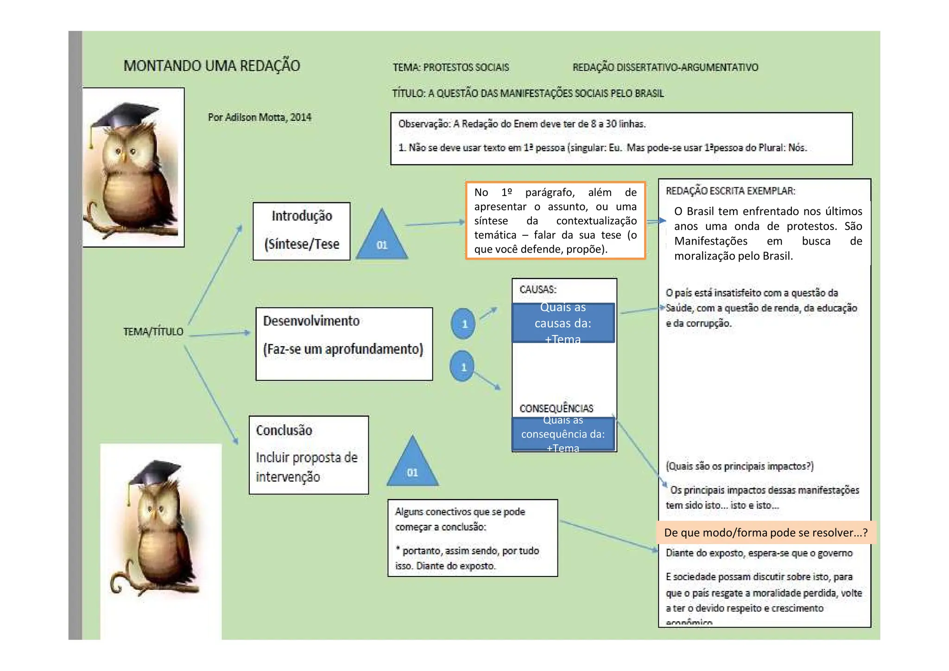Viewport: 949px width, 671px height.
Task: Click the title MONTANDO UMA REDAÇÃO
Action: pyautogui.click(x=212, y=66)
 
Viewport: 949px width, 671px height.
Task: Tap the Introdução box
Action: pyautogui.click(x=301, y=231)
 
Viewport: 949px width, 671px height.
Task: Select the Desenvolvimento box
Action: pyautogui.click(x=344, y=343)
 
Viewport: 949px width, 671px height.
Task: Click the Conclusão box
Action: pyautogui.click(x=309, y=455)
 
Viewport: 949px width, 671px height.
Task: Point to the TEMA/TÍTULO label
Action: pyautogui.click(x=153, y=332)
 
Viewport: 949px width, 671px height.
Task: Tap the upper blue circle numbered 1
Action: pyautogui.click(x=463, y=323)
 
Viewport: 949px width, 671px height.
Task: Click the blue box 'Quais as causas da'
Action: pyautogui.click(x=563, y=323)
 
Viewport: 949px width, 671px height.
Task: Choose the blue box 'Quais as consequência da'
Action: pyautogui.click(x=563, y=434)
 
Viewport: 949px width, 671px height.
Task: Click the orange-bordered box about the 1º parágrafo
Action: pyautogui.click(x=555, y=221)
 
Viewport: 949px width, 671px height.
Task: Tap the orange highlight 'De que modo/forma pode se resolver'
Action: pyautogui.click(x=766, y=532)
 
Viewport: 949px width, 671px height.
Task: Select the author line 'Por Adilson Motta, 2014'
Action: pyautogui.click(x=259, y=117)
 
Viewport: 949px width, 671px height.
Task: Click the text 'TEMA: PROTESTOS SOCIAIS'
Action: pyautogui.click(x=451, y=68)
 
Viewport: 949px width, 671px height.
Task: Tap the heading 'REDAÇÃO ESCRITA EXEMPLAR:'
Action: pyautogui.click(x=730, y=191)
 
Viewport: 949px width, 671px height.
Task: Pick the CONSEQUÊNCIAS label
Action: pyautogui.click(x=556, y=408)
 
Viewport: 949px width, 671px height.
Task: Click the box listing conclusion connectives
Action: pyautogui.click(x=472, y=538)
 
